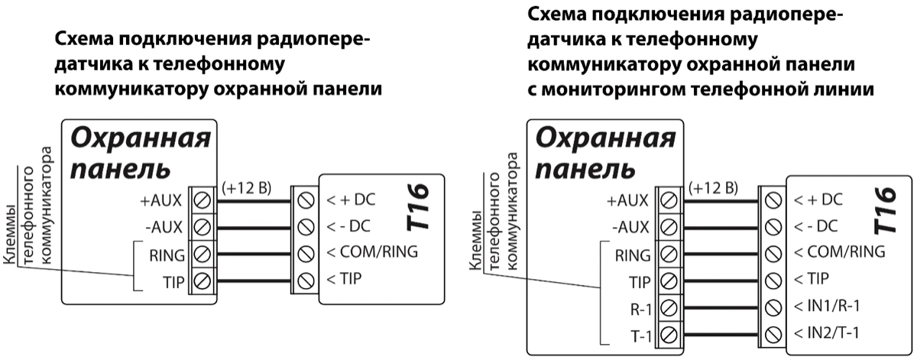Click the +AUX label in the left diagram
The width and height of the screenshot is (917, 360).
161,202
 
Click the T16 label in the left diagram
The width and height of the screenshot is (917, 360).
419,207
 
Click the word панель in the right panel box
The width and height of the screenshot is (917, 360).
585,167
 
